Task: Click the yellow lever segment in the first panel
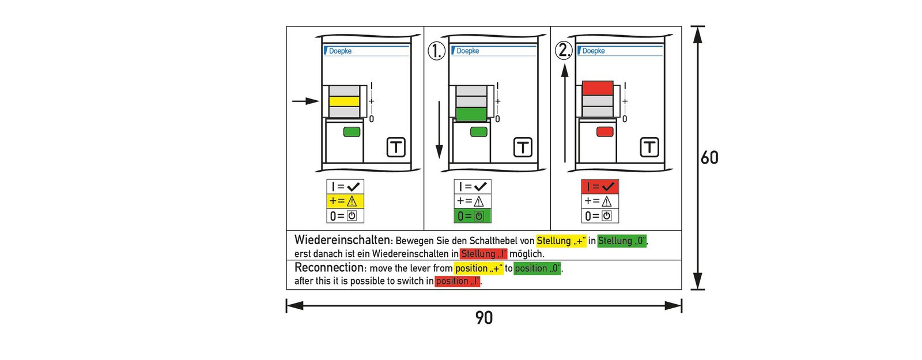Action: click(x=344, y=101)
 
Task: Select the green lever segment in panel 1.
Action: click(x=471, y=113)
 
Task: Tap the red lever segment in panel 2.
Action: click(x=598, y=88)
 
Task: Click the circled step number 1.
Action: click(x=436, y=51)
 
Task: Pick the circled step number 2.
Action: click(x=564, y=50)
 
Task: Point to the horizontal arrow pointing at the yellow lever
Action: click(x=305, y=101)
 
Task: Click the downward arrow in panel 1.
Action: click(x=439, y=130)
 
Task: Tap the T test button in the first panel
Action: click(x=396, y=147)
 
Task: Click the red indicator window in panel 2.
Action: click(x=604, y=132)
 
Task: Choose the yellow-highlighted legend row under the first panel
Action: click(x=345, y=201)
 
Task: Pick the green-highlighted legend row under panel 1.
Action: click(x=473, y=216)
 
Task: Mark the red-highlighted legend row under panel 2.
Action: click(x=600, y=187)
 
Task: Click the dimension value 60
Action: click(x=709, y=158)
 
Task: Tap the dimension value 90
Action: click(x=484, y=318)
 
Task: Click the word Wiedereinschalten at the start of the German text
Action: click(x=343, y=240)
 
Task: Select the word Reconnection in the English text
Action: click(x=330, y=268)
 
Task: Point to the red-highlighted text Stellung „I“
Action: click(x=483, y=254)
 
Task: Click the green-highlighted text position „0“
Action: click(x=537, y=268)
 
